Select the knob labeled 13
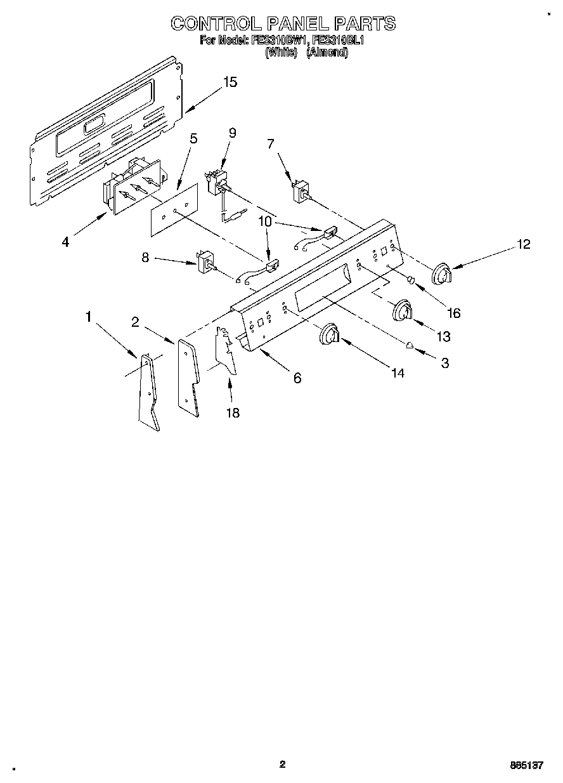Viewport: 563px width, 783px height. coord(402,311)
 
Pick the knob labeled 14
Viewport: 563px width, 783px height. coord(330,334)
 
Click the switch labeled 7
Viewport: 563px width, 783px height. coord(299,191)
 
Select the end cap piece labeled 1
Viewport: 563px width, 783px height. coord(148,393)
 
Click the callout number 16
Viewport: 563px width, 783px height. coord(453,313)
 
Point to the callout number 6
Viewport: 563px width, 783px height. coord(297,378)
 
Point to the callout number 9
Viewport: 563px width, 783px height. coord(232,133)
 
